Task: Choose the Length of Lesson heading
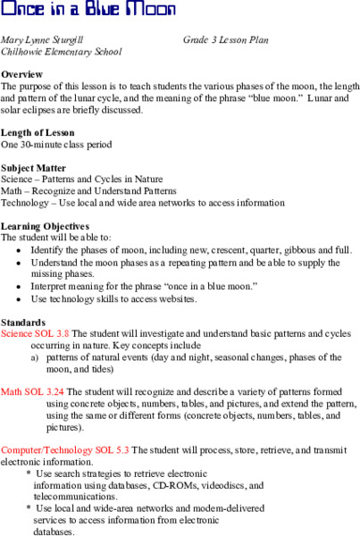click(x=38, y=131)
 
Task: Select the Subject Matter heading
click(x=33, y=165)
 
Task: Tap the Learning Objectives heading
click(x=45, y=225)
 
